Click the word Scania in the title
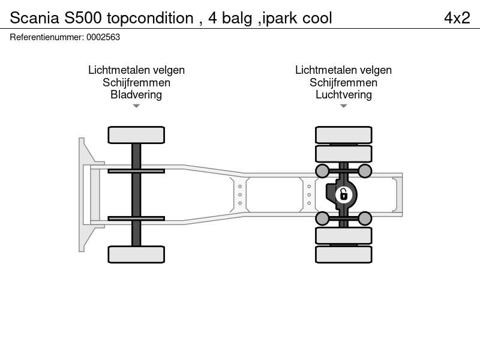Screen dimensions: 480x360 pyautogui.click(x=34, y=18)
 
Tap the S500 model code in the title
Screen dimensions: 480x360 pyautogui.click(x=83, y=18)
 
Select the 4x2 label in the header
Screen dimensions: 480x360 pyautogui.click(x=457, y=18)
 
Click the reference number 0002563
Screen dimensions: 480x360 pyautogui.click(x=103, y=37)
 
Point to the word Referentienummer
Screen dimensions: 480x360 pyautogui.click(x=47, y=37)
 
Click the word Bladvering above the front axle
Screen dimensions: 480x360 pyautogui.click(x=136, y=95)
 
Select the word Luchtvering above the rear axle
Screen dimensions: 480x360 pyautogui.click(x=343, y=95)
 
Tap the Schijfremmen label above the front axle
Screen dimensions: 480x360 pyautogui.click(x=136, y=82)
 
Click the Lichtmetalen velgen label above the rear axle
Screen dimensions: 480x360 pyautogui.click(x=343, y=70)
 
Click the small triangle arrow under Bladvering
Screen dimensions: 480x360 pyautogui.click(x=136, y=106)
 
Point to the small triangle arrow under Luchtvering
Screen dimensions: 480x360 pyautogui.click(x=343, y=106)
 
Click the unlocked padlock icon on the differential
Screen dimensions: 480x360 pyautogui.click(x=344, y=194)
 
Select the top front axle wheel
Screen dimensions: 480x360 pyautogui.click(x=136, y=135)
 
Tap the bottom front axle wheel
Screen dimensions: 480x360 pyautogui.click(x=136, y=254)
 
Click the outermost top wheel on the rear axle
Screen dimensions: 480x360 pyautogui.click(x=343, y=135)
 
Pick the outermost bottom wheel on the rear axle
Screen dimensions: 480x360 pyautogui.click(x=343, y=254)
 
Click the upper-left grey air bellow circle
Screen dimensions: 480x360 pyautogui.click(x=322, y=171)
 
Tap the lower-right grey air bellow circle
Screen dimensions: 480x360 pyautogui.click(x=365, y=218)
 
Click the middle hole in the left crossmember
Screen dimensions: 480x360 pyautogui.click(x=240, y=194)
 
